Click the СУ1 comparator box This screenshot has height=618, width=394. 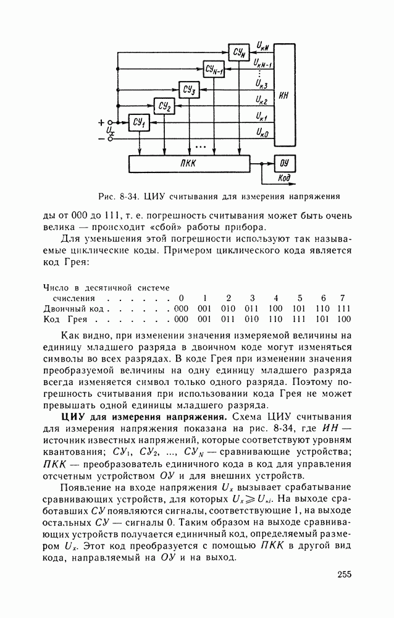tap(139, 124)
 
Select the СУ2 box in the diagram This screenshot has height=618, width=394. tap(164, 107)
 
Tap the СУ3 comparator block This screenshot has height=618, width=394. tap(190, 90)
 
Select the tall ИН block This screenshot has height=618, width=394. tap(284, 96)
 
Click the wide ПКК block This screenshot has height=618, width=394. tap(189, 164)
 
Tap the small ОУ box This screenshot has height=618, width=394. tap(284, 164)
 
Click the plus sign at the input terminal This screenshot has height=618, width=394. tap(101, 122)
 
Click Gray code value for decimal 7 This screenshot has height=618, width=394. tap(344, 320)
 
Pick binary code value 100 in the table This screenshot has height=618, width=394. tap(275, 308)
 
